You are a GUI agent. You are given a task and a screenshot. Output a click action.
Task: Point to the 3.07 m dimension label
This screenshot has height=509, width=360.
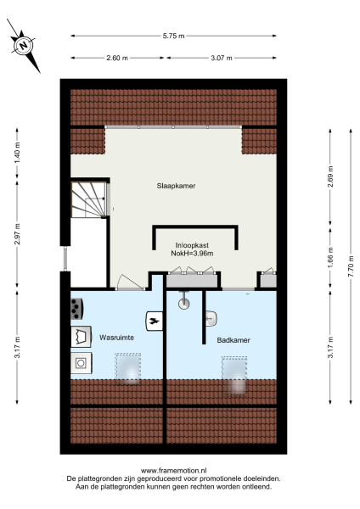pos(221,58)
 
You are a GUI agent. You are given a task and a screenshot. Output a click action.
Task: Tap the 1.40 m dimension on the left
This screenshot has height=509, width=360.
pos(16,159)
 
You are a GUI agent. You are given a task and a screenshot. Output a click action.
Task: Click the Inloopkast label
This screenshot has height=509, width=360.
pos(194,244)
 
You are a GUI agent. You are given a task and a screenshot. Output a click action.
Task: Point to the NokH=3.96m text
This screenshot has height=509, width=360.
pos(194,253)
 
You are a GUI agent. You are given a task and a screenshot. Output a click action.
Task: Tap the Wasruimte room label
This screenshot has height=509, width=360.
pos(116,336)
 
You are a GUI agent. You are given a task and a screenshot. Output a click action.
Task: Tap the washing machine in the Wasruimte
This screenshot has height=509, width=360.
pos(82,362)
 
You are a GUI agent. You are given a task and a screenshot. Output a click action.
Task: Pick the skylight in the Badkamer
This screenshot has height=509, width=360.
pos(235,375)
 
